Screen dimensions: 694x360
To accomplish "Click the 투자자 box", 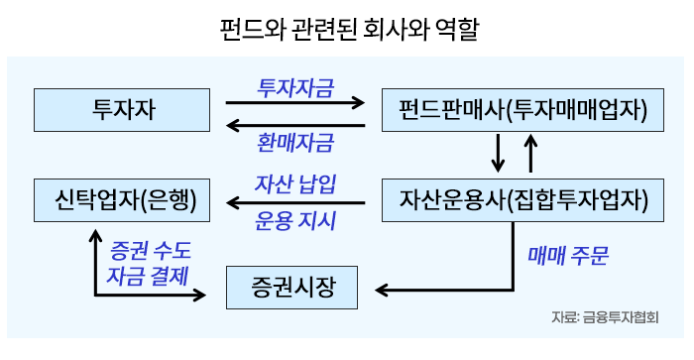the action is click(122, 110).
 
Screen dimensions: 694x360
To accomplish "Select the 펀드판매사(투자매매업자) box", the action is click(522, 110).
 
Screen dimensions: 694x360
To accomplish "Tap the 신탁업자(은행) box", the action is click(122, 200).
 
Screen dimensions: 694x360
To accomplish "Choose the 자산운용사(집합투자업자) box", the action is click(522, 200).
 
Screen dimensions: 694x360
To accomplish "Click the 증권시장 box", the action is click(291, 288).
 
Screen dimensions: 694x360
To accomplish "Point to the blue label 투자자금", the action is click(295, 87).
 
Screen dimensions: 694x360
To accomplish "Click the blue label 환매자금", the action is click(295, 143).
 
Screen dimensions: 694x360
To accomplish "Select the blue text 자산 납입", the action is click(295, 183).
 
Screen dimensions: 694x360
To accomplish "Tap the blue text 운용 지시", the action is click(295, 220).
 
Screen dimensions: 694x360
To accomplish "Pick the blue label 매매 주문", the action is click(568, 256).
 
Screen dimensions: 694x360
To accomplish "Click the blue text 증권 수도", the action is click(150, 251).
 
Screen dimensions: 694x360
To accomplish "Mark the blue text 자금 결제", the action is click(148, 276).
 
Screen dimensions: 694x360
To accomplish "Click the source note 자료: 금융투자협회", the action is click(605, 317).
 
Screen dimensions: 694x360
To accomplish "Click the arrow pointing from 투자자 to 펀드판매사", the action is click(295, 103).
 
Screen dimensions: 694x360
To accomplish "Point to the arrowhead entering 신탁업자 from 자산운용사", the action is click(233, 202).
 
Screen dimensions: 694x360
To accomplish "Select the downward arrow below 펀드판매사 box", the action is click(498, 153).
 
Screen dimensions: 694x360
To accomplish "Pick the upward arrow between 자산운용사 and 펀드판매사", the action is click(530, 153).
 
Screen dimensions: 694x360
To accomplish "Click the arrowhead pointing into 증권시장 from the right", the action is click(382, 290).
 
